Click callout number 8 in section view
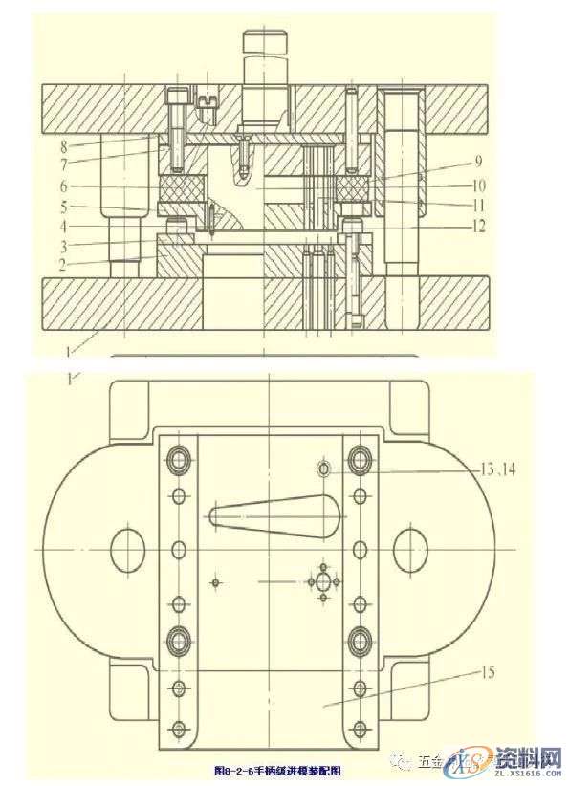click(64, 147)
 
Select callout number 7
click(64, 164)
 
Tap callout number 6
click(64, 187)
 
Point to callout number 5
click(64, 207)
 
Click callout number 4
click(64, 227)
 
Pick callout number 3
click(64, 246)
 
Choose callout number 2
click(64, 265)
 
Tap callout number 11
click(478, 205)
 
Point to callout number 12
click(478, 227)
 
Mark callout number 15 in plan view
click(487, 673)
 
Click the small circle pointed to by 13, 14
click(324, 469)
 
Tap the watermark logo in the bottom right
click(516, 762)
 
